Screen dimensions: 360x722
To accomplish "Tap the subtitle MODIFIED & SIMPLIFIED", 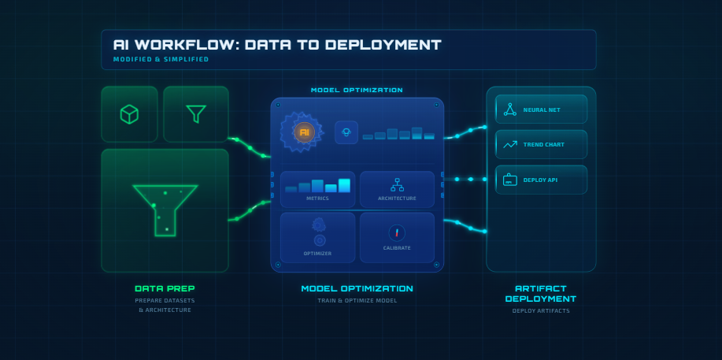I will tap(161, 60).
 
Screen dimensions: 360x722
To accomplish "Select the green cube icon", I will tap(129, 114).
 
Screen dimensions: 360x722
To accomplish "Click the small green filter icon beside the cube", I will tap(196, 114).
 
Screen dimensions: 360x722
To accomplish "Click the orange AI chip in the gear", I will tap(304, 132).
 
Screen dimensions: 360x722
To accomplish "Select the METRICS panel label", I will tap(317, 199).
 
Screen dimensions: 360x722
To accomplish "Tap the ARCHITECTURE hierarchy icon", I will tap(397, 184).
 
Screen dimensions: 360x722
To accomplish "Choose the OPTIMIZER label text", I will tap(317, 253).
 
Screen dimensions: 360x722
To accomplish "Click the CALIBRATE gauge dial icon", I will tap(397, 232).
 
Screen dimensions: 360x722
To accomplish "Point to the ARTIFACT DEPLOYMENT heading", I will tap(540, 294).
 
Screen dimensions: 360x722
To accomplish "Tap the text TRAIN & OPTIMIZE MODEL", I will tap(357, 301).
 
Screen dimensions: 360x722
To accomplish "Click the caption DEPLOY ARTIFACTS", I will tap(540, 311).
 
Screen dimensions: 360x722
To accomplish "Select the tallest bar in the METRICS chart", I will tap(344, 186).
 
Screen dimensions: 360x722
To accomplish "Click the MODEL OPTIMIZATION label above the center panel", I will tap(357, 91).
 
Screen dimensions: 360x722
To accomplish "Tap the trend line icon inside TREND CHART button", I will tap(510, 144).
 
